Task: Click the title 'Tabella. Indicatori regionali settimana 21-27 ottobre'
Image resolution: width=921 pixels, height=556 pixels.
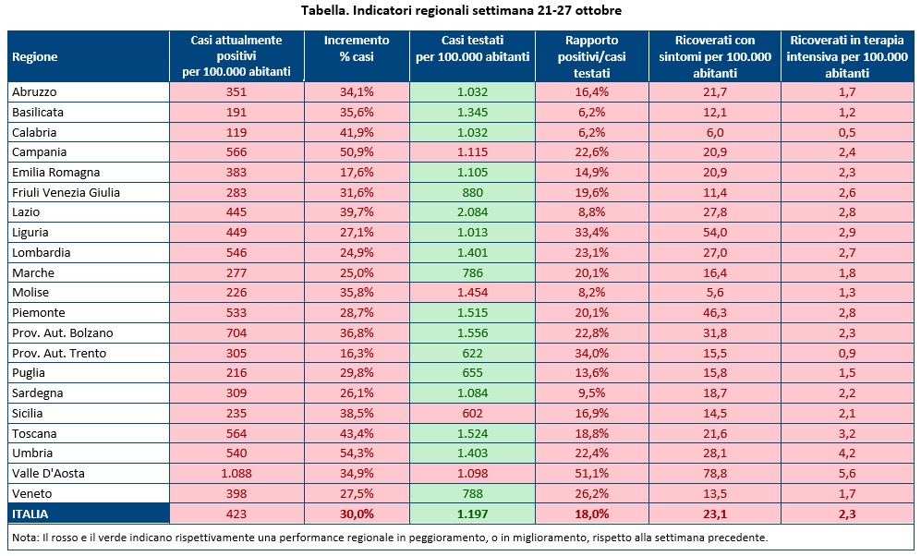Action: pos(460,11)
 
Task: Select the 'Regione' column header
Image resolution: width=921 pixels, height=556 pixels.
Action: pos(35,56)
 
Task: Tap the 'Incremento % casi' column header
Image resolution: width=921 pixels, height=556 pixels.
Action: pos(357,48)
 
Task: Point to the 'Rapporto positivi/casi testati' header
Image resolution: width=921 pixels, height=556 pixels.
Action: pos(591,56)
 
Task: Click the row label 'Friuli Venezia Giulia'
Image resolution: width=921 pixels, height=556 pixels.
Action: pos(67,192)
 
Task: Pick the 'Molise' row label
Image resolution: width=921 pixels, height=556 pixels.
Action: pos(30,293)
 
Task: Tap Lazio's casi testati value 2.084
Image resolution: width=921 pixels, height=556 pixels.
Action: pos(472,212)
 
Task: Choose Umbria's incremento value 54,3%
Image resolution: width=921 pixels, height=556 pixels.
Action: pos(357,453)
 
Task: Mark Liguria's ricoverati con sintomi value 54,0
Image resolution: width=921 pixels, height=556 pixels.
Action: pos(715,233)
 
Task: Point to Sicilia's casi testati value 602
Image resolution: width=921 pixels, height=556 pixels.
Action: pos(472,414)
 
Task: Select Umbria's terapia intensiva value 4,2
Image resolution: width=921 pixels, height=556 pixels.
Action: pos(847,453)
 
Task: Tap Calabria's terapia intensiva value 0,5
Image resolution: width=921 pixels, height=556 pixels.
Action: pos(847,132)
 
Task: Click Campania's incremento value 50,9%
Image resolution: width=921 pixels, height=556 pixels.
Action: pos(357,152)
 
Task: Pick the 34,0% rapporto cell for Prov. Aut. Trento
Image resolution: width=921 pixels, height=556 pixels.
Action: pos(591,354)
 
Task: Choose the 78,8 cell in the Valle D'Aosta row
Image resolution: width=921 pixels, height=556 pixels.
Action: pos(715,474)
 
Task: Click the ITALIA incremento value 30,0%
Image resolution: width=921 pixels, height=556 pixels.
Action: pos(357,514)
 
